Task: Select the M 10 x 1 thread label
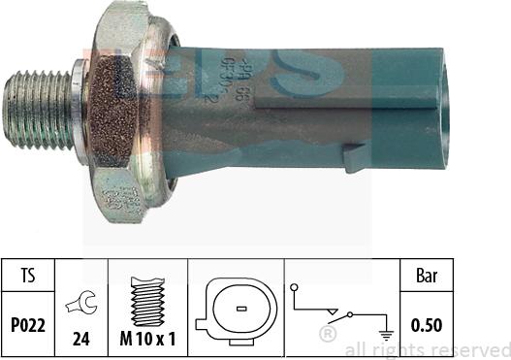point(146,341)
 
